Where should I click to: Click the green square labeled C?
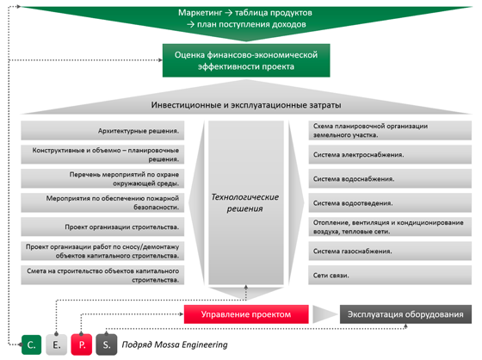tap(31, 344)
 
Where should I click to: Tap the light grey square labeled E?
tap(56, 344)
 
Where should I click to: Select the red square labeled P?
tap(82, 344)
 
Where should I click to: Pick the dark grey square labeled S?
tap(107, 344)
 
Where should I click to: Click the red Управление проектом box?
tap(246, 314)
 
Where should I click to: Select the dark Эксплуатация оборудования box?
tap(405, 314)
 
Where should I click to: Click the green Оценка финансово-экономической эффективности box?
tap(246, 60)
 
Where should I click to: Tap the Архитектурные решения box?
tap(102, 130)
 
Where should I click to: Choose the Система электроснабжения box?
tap(390, 154)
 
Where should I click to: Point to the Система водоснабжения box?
tap(390, 178)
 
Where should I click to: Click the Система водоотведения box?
tap(390, 202)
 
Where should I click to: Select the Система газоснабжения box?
tap(390, 251)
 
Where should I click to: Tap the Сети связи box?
tap(390, 275)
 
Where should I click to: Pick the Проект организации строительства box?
tap(102, 227)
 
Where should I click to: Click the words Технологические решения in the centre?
tap(245, 202)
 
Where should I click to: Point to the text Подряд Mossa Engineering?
tap(175, 344)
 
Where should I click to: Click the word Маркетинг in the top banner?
tap(200, 13)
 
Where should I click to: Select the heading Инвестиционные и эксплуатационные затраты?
tap(246, 105)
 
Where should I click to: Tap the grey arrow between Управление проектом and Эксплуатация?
tap(324, 314)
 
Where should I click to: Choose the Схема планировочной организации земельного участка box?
tap(390, 130)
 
